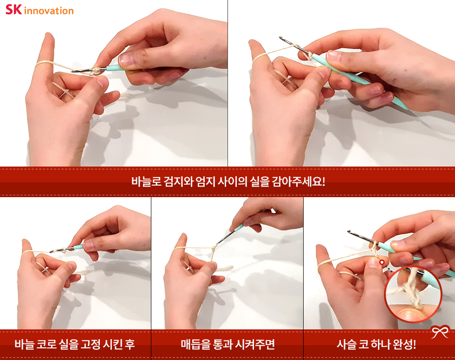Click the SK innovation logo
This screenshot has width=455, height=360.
(39, 10)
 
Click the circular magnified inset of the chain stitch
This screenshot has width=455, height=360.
(413, 294)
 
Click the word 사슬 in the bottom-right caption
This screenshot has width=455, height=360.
(346, 344)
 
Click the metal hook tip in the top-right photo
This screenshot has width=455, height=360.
(281, 38)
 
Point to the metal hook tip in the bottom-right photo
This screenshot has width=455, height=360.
(349, 232)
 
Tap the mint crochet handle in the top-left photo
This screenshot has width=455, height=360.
(115, 68)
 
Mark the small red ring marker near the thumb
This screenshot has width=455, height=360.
(382, 262)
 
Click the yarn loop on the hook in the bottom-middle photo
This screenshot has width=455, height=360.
(214, 248)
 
